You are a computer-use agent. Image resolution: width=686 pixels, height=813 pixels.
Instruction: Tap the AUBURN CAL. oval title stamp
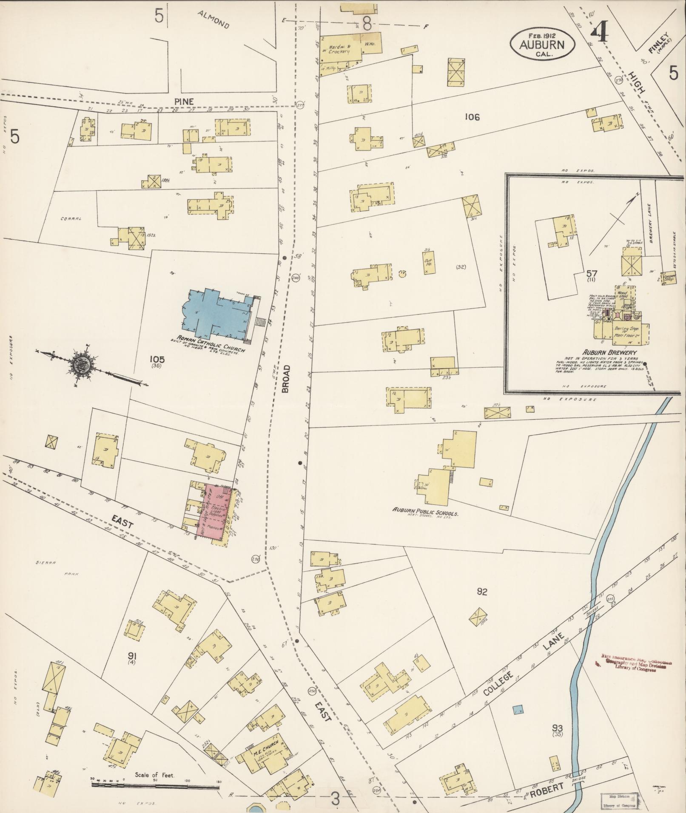point(542,44)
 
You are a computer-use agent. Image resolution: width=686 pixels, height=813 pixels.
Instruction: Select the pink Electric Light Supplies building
point(216,512)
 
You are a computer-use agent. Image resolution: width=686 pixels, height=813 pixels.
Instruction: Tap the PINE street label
point(184,102)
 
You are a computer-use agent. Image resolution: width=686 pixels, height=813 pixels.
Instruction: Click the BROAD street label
point(285,378)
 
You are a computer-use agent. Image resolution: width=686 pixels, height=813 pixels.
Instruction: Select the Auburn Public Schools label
point(425,513)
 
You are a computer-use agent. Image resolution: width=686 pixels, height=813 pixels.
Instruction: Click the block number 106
point(472,117)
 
